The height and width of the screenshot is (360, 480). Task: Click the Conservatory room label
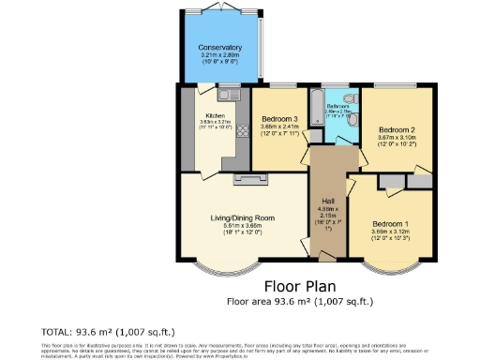(x=220, y=48)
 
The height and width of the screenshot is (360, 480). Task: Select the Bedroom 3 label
(x=278, y=120)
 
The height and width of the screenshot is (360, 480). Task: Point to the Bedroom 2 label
(x=397, y=130)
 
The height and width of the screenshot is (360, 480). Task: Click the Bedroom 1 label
(x=389, y=225)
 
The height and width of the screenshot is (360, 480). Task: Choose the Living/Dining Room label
(x=242, y=218)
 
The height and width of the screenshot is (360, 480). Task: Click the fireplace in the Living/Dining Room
(x=250, y=178)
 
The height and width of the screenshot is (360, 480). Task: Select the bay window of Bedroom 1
(x=387, y=271)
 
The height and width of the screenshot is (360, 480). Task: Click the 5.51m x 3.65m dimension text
(x=242, y=226)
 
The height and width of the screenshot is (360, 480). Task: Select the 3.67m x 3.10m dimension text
(x=397, y=139)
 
